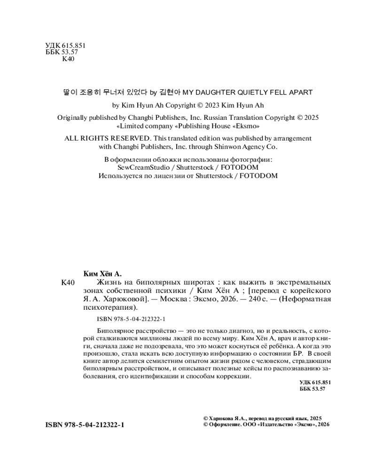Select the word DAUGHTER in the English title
pyautogui.click(x=219, y=93)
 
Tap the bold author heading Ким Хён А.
pyautogui.click(x=102, y=273)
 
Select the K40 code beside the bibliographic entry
pyautogui.click(x=68, y=282)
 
